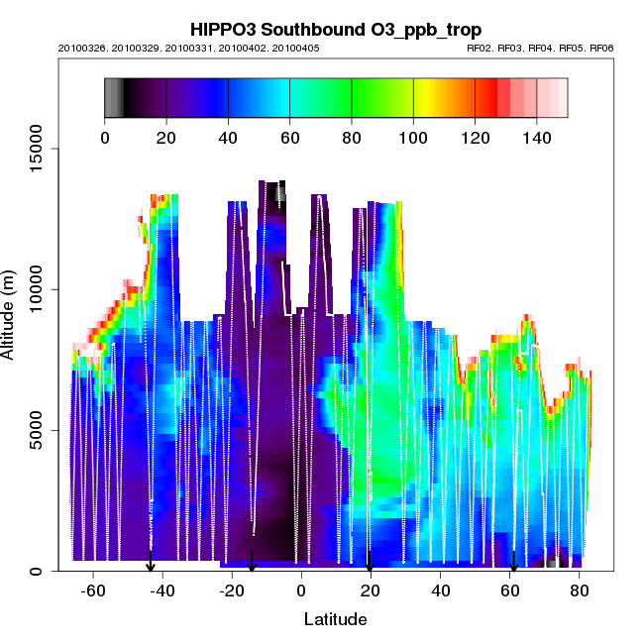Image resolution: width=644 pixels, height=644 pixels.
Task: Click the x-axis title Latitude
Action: pos(335,619)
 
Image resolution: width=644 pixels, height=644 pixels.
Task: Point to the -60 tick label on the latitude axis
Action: pos(93,591)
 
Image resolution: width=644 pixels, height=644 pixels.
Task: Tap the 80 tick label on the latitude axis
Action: pos(579,591)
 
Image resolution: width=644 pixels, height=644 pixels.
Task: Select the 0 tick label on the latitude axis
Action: pos(301,591)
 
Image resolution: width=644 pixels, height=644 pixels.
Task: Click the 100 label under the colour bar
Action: pos(413,138)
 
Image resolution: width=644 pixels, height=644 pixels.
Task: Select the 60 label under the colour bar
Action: pos(289,138)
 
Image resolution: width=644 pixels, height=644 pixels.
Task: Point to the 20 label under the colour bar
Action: pos(166,138)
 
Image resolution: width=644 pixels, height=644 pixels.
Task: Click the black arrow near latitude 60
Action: pos(513,564)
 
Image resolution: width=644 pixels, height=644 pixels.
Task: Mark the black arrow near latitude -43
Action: pos(151,564)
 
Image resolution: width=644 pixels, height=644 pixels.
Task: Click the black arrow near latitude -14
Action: pos(252,563)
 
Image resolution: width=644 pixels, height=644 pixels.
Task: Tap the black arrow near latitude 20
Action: pos(370,564)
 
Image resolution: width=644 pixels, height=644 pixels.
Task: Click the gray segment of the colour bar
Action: pos(113,97)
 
